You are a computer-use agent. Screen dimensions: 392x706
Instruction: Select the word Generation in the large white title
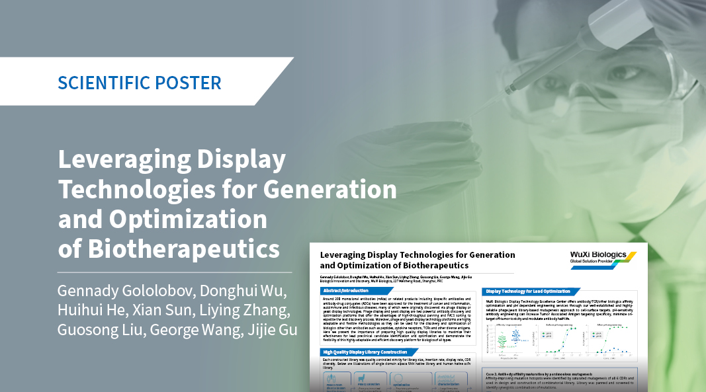point(330,190)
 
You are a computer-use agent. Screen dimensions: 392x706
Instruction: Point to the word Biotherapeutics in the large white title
point(169,249)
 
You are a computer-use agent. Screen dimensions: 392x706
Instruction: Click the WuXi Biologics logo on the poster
point(603,258)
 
